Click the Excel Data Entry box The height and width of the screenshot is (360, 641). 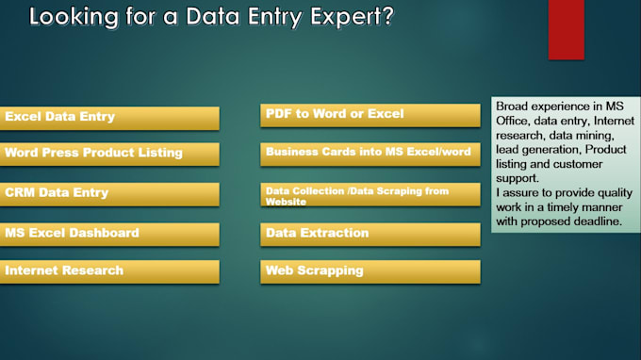[x=109, y=118]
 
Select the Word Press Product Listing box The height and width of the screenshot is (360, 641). [x=109, y=154]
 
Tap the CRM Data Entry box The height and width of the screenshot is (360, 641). [x=109, y=194]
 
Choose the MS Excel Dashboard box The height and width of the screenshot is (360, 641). [x=109, y=234]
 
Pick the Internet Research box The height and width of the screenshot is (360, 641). [x=109, y=271]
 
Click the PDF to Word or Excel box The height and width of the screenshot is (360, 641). [x=370, y=115]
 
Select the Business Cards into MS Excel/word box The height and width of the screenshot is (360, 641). [x=370, y=153]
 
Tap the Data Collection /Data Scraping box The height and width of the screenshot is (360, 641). [x=370, y=195]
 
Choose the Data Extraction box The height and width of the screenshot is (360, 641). [x=370, y=234]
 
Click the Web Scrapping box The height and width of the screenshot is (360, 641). [x=370, y=271]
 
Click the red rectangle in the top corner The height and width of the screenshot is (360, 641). [x=566, y=29]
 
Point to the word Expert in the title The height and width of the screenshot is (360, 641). [x=339, y=17]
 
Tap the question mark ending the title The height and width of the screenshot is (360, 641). [x=387, y=17]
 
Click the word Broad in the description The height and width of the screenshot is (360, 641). [x=514, y=106]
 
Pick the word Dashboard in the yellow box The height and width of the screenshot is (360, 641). [x=105, y=233]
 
